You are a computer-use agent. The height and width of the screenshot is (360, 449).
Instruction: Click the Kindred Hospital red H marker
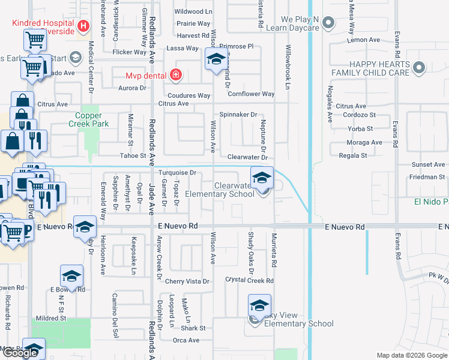(x=83, y=26)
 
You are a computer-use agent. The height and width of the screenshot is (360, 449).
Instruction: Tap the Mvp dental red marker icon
(x=175, y=75)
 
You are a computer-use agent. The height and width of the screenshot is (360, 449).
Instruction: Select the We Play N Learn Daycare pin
(x=328, y=23)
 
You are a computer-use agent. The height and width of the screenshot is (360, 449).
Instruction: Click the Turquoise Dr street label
(x=177, y=173)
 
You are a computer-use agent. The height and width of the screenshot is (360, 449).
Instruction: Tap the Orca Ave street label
(x=186, y=340)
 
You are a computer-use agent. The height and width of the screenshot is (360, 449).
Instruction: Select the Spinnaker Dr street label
(x=238, y=114)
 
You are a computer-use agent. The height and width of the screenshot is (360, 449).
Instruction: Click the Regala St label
(x=353, y=155)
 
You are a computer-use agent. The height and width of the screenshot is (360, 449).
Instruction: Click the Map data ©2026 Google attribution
(x=411, y=355)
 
